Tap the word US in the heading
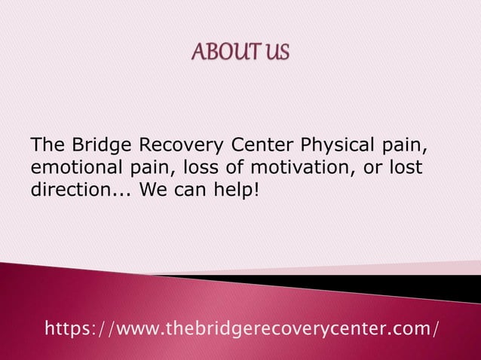[277, 54]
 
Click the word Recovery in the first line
[170, 145]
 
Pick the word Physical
[337, 145]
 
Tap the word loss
[208, 166]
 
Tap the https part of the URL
[66, 329]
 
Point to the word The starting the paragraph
[47, 145]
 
